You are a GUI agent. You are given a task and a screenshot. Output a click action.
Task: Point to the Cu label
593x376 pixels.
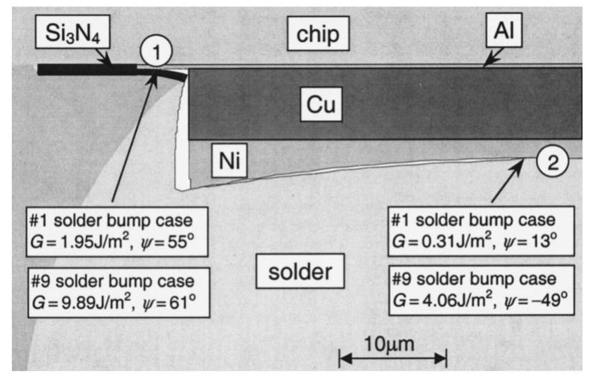point(323,104)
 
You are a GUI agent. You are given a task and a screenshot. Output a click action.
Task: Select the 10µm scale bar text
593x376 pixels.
point(392,345)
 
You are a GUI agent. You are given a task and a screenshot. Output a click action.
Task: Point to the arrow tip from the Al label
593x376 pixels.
point(484,66)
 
